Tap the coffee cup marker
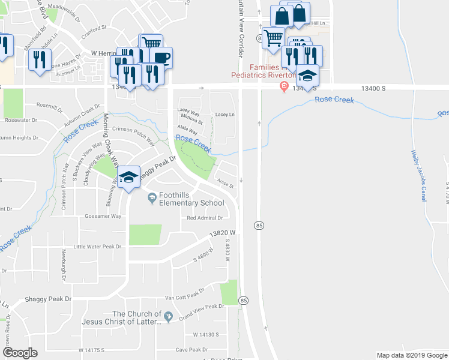(160, 58)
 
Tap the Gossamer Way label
(103, 216)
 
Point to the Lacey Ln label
(224, 114)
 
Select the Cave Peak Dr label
(190, 349)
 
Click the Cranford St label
(94, 28)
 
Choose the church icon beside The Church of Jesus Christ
(169, 316)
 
